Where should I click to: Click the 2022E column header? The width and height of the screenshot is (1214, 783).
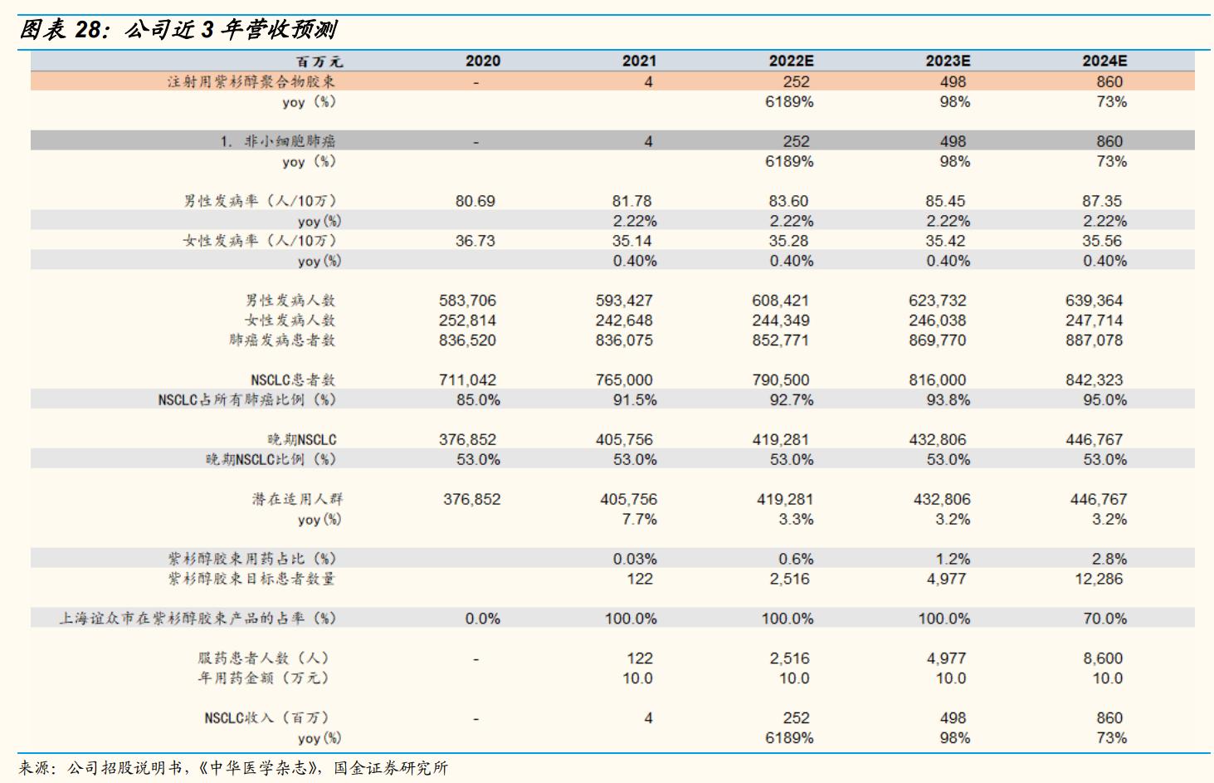[x=791, y=61]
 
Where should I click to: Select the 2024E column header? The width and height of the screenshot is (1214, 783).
[x=1104, y=61]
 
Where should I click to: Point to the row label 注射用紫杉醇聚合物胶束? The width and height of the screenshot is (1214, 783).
[x=251, y=81]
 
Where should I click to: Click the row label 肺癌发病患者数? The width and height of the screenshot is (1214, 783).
[x=282, y=340]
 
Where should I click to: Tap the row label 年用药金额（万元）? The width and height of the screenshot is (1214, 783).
[x=263, y=678]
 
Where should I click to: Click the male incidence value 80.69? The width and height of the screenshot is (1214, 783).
[x=475, y=201]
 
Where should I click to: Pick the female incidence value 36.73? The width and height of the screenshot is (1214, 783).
[x=475, y=241]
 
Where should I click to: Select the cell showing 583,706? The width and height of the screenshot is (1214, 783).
[x=467, y=301]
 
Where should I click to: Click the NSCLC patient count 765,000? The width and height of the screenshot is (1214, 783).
[x=624, y=380]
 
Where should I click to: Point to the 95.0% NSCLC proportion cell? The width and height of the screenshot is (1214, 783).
[x=1104, y=400]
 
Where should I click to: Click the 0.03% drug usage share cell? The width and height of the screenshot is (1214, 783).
[x=635, y=560]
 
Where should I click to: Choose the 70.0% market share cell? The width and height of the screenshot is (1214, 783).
[x=1104, y=619]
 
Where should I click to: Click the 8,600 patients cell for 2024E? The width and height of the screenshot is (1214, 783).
[x=1102, y=658]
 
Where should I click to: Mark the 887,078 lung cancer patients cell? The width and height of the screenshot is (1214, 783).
[x=1094, y=340]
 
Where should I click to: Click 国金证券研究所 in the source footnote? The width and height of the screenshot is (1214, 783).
[x=391, y=768]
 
